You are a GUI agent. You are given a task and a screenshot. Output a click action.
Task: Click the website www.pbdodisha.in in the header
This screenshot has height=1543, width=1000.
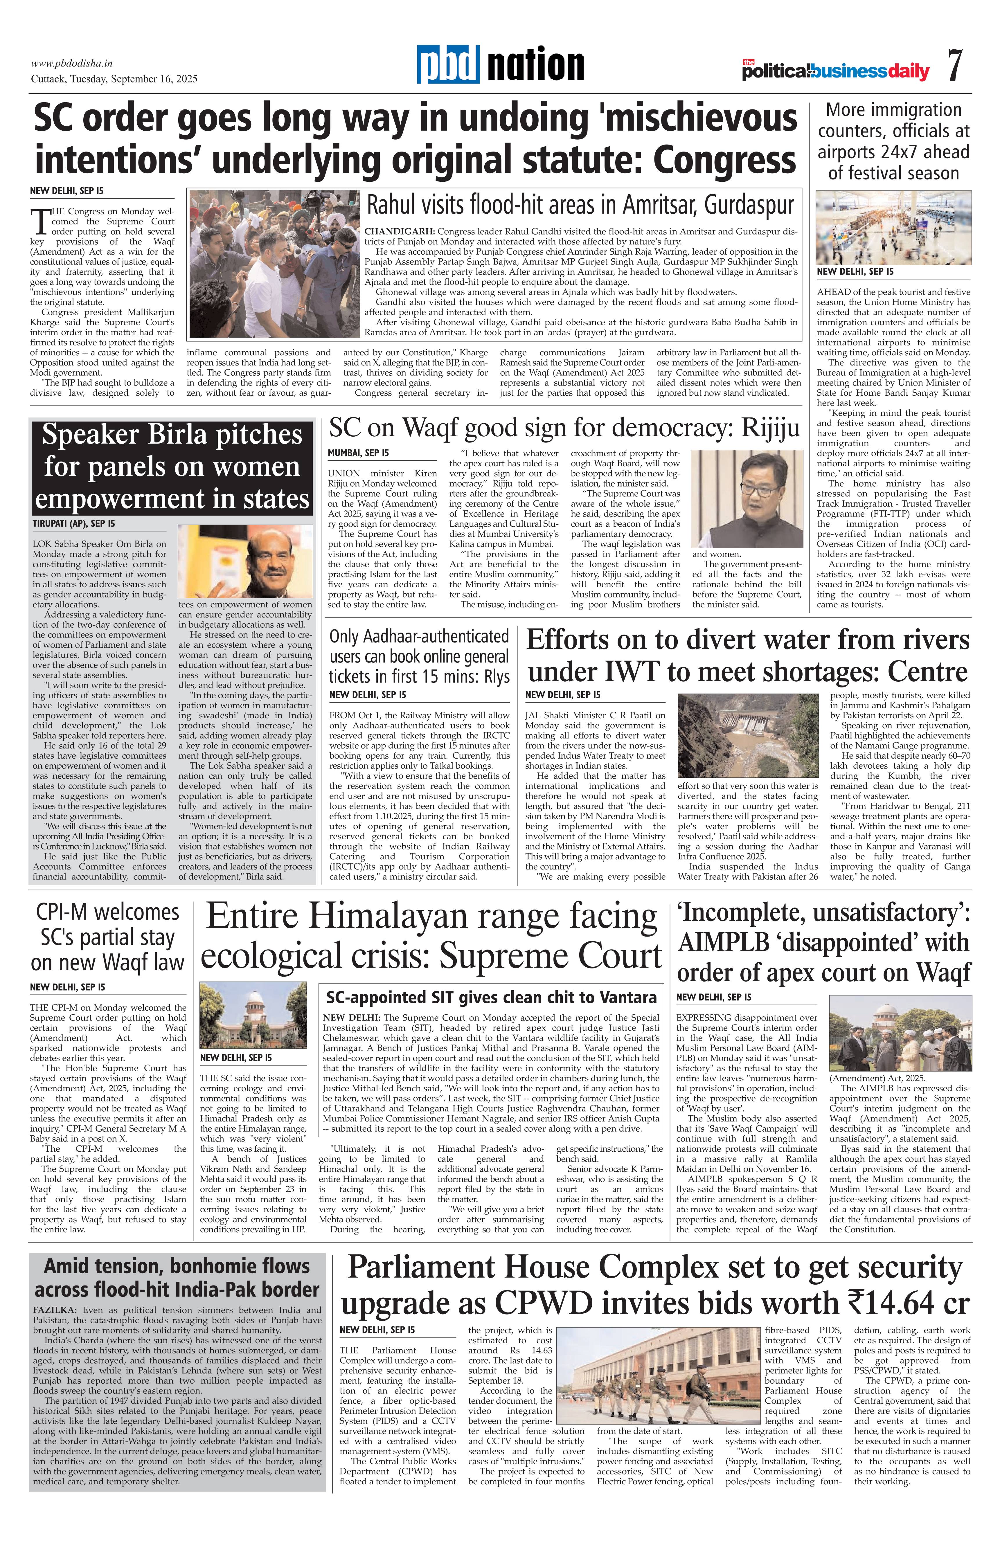pyautogui.click(x=72, y=64)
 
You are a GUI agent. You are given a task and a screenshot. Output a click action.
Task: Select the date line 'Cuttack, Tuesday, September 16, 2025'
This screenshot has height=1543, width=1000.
pyautogui.click(x=114, y=79)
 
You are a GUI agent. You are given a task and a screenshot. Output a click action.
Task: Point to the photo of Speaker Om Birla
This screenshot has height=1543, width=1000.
pyautogui.click(x=245, y=561)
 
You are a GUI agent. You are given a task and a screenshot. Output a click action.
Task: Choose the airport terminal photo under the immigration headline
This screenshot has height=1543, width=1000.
pyautogui.click(x=893, y=228)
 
